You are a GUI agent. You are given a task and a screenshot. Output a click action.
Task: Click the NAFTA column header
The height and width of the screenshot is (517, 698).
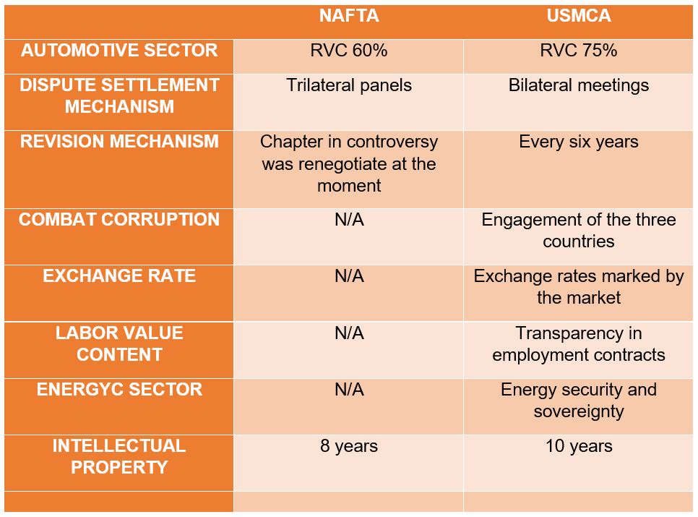pos(348,16)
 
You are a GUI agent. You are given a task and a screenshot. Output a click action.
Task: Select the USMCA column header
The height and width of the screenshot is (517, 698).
pos(578,16)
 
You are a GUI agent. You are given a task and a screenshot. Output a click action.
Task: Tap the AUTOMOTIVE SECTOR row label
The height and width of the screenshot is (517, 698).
pos(119,51)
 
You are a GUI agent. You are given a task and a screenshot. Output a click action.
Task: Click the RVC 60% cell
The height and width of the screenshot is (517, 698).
pos(348,51)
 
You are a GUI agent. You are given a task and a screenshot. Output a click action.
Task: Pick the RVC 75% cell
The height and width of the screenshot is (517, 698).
pos(578,51)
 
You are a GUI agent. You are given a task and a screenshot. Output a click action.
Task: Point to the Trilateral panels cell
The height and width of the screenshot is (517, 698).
pos(348,85)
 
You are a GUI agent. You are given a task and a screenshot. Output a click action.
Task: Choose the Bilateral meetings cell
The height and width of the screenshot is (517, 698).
pos(578,85)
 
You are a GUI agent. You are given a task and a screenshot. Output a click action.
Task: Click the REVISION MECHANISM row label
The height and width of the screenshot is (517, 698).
pos(119,141)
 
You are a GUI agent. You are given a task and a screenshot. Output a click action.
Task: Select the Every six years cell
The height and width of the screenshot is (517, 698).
pos(578,142)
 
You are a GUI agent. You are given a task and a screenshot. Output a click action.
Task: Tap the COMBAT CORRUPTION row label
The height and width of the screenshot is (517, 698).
pos(119,220)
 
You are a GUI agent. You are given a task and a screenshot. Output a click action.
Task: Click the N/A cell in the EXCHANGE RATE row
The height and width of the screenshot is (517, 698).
pos(348,276)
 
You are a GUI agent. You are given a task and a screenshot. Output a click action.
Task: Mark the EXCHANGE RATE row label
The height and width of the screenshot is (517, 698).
pos(119,276)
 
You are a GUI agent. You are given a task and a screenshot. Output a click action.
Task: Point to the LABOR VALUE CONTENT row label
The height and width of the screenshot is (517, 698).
pos(119,343)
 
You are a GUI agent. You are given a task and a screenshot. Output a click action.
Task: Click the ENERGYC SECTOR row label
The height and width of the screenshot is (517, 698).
pos(119,390)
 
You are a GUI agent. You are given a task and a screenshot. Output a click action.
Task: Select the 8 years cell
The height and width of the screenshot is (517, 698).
pos(348,446)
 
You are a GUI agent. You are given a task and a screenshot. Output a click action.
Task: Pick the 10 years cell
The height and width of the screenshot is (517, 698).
pos(578,446)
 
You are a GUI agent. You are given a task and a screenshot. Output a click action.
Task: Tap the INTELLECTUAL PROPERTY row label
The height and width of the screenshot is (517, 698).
pos(119,456)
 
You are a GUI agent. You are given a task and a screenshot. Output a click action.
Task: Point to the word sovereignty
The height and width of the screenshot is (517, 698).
pos(578,411)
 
